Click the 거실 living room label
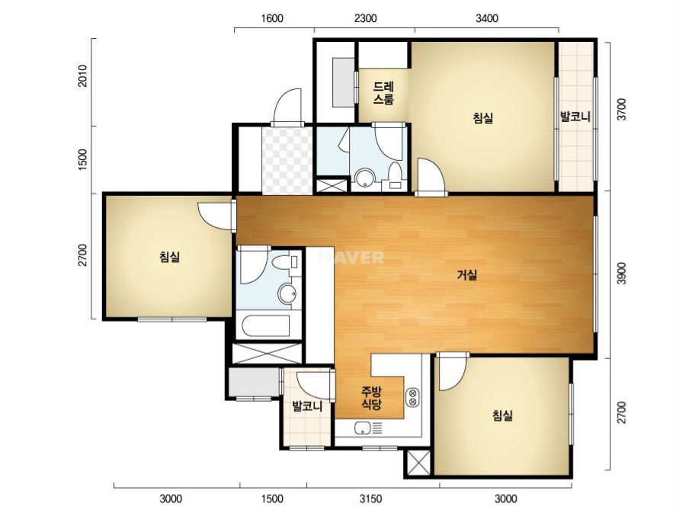click(x=467, y=274)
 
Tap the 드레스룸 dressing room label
click(x=383, y=93)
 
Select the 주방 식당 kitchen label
click(x=371, y=398)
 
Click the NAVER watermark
click(x=351, y=258)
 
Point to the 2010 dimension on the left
click(x=82, y=76)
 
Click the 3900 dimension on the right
click(x=621, y=274)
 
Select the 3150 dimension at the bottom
click(x=370, y=499)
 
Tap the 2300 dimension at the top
click(x=365, y=18)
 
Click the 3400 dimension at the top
click(x=487, y=18)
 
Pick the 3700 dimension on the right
click(x=621, y=110)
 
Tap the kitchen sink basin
click(x=364, y=428)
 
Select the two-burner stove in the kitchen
click(x=412, y=397)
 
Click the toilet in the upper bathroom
click(x=395, y=176)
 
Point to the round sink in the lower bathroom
click(x=287, y=294)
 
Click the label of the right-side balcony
click(x=575, y=117)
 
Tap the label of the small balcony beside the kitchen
click(x=307, y=406)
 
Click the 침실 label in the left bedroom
click(x=169, y=257)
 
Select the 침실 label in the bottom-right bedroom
click(x=503, y=415)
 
